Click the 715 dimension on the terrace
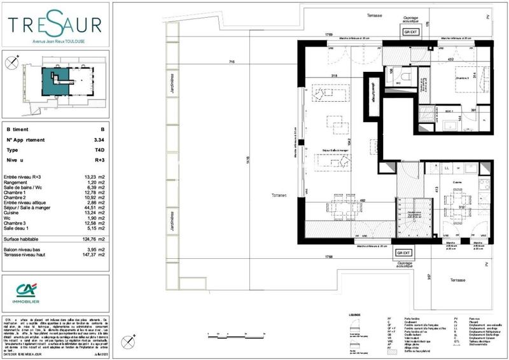click(232, 62)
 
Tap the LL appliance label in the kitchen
click(447, 168)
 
